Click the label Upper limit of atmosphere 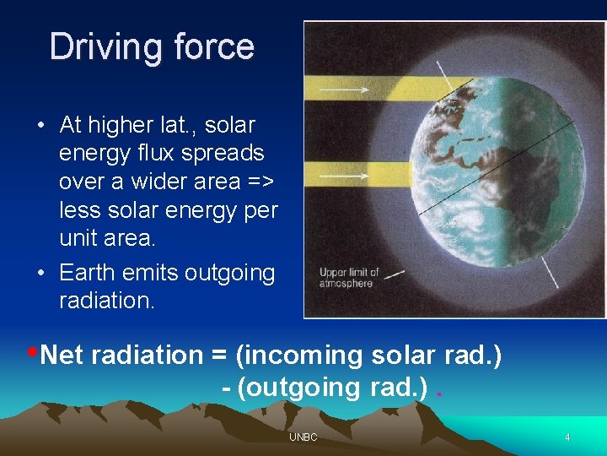pos(348,278)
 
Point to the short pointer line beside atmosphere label pos(395,274)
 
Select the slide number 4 pos(567,437)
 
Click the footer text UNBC pos(303,437)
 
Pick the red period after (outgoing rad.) pos(439,390)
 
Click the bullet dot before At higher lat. pos(40,126)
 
